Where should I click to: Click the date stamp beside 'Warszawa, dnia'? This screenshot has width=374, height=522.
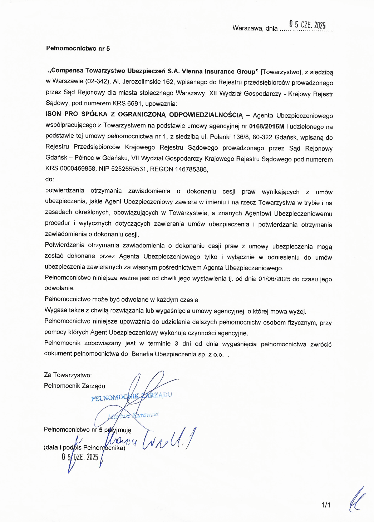click(307, 25)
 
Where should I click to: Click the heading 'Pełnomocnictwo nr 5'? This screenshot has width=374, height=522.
click(78, 49)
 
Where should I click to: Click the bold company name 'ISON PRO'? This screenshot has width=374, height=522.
click(61, 114)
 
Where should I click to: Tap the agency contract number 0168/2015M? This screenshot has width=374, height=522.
click(266, 126)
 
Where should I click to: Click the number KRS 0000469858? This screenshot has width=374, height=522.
click(70, 169)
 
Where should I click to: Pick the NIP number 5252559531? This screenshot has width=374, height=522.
click(129, 169)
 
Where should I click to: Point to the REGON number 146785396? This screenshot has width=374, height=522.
click(191, 169)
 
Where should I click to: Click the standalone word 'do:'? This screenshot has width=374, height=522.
click(50, 179)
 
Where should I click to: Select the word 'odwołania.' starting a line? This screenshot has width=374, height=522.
click(59, 288)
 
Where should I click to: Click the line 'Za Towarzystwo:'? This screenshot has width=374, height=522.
click(68, 375)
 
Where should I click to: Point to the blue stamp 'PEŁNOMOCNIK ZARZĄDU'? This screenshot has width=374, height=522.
click(131, 396)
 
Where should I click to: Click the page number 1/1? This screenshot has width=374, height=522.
click(326, 505)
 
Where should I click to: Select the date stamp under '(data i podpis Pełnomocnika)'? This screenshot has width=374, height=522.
click(80, 457)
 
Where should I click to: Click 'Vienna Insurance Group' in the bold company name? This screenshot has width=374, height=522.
click(220, 71)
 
